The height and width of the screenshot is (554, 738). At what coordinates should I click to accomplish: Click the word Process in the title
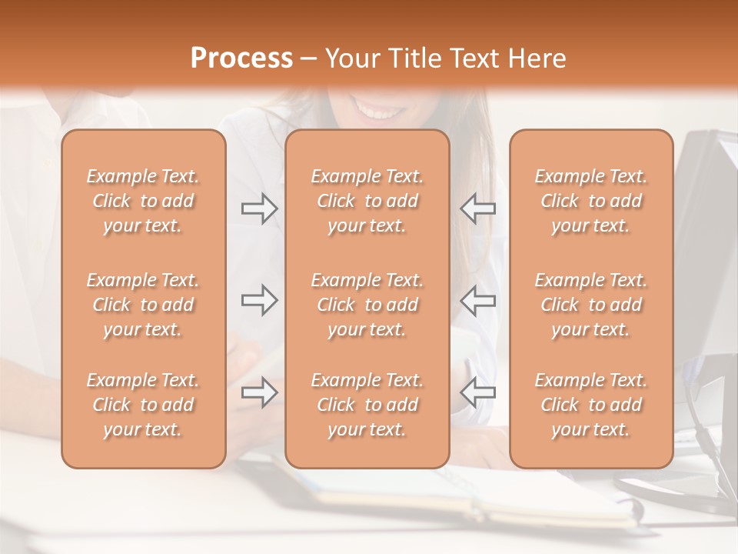click(x=241, y=58)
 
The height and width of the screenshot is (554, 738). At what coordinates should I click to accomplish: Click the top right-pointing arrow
click(x=259, y=209)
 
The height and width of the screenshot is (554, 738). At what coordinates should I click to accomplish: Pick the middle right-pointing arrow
click(x=259, y=300)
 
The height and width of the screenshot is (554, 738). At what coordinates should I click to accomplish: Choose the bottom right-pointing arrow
click(x=259, y=392)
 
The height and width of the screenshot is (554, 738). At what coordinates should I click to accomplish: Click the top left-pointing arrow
click(x=477, y=209)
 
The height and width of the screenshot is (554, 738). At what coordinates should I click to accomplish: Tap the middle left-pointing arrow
click(x=477, y=300)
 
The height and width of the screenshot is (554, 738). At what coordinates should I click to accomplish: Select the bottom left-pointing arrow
click(x=477, y=392)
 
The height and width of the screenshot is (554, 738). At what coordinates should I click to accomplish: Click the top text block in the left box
click(x=143, y=201)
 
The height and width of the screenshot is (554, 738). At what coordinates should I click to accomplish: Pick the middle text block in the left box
click(x=143, y=305)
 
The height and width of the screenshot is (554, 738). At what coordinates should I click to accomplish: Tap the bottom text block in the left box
click(x=143, y=405)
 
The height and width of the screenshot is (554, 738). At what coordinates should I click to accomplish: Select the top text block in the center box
click(x=367, y=201)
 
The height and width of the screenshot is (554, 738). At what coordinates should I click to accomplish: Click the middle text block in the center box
click(x=367, y=305)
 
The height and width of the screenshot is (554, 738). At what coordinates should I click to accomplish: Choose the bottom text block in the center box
click(x=367, y=405)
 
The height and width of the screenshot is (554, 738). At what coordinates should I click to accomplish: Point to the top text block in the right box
click(x=590, y=201)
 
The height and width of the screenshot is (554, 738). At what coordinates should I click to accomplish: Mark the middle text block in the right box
click(x=590, y=305)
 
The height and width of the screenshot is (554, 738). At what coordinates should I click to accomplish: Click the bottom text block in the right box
click(x=590, y=405)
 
